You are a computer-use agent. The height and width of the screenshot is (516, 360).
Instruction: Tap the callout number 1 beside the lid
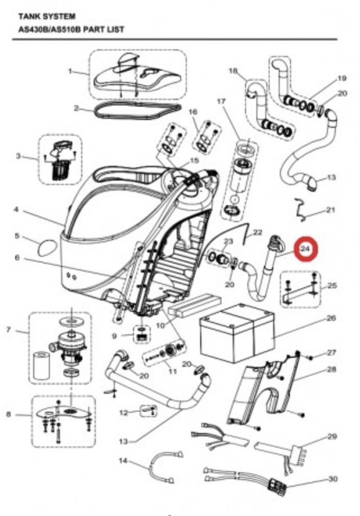[x=71, y=71]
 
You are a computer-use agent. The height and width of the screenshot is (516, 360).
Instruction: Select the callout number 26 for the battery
[x=331, y=318]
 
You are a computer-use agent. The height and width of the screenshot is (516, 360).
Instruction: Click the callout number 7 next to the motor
[x=8, y=329]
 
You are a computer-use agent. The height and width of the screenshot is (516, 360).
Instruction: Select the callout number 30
[x=331, y=481]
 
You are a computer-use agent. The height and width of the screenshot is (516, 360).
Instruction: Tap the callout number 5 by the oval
[x=17, y=236]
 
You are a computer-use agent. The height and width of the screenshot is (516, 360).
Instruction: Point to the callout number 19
[x=342, y=78]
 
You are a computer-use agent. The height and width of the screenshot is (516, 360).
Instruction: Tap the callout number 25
[x=332, y=285]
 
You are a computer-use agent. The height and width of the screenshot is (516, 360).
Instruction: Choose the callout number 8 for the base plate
[x=8, y=414]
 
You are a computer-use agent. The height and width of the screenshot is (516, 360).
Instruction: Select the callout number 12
[x=124, y=413]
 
